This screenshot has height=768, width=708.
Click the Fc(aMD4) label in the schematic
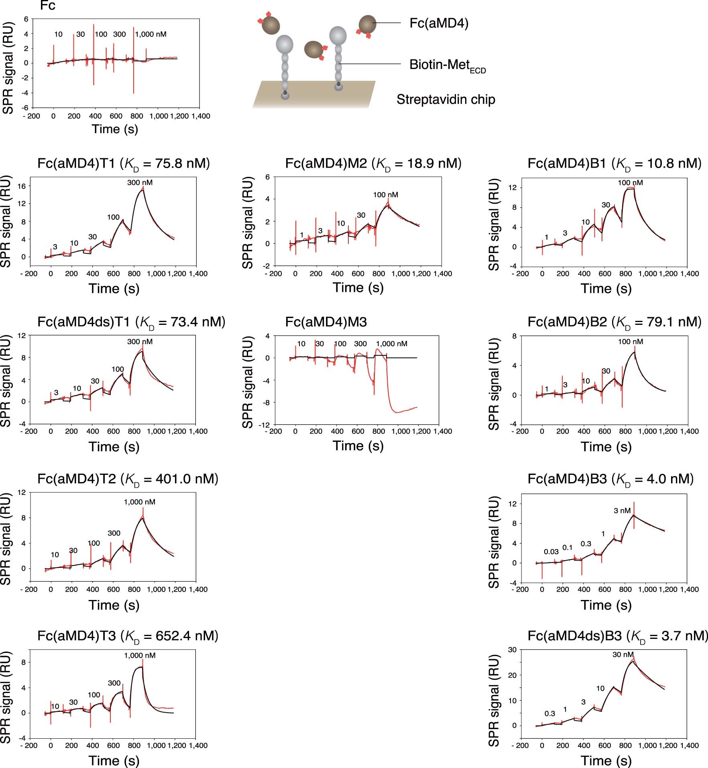439,23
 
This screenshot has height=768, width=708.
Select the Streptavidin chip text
446,99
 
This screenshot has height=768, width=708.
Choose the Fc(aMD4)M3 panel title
326,322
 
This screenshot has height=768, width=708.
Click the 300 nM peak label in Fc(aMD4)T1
140,182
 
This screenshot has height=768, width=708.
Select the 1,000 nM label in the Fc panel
151,34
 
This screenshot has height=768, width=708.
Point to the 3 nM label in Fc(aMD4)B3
622,511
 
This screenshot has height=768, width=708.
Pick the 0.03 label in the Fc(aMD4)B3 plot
551,552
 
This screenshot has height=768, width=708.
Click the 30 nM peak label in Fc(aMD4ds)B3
623,655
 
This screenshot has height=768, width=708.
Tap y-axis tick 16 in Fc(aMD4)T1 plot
22,186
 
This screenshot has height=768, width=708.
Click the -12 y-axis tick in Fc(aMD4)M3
265,425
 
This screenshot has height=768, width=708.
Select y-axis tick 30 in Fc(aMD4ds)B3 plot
512,649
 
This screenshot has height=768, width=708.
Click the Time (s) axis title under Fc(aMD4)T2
114,605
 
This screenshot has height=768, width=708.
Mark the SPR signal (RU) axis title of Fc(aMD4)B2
494,385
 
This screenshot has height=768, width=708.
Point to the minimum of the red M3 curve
397,412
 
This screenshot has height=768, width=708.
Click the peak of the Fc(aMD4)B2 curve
635,352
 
